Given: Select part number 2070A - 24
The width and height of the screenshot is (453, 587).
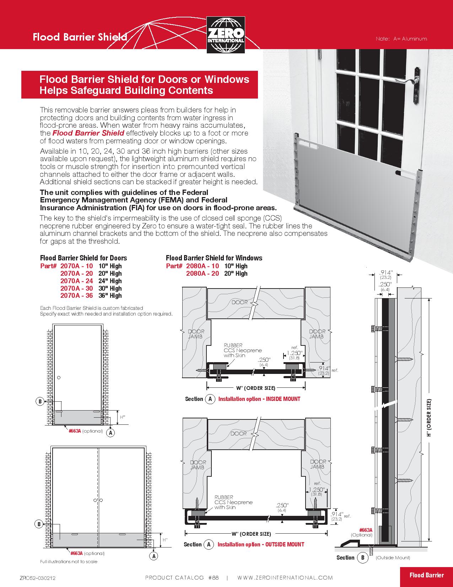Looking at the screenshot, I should tap(76, 281).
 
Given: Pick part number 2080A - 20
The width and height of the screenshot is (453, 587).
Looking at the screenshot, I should tap(203, 273).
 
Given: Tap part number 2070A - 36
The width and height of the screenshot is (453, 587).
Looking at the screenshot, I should tap(76, 296).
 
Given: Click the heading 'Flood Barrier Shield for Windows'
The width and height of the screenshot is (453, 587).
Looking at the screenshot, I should tap(214, 258).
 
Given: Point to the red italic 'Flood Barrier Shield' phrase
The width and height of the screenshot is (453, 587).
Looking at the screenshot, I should tap(88, 133).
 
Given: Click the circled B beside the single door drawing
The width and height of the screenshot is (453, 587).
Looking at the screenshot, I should tap(40, 401).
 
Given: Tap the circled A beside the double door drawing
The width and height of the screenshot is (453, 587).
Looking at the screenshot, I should tap(154, 556).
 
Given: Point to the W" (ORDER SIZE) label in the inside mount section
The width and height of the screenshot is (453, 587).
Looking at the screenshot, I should tap(256, 388).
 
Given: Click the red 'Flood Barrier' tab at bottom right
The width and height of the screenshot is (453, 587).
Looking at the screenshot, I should tap(426, 575).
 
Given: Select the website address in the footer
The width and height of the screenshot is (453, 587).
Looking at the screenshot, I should tap(285, 577).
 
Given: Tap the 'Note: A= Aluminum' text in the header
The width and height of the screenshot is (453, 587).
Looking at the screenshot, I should tap(401, 38).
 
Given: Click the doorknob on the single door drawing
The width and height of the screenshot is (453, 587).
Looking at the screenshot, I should tap(59, 377).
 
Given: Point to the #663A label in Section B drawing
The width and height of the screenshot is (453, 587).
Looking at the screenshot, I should tap(366, 530).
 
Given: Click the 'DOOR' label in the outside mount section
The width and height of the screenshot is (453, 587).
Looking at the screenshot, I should tap(239, 433).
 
